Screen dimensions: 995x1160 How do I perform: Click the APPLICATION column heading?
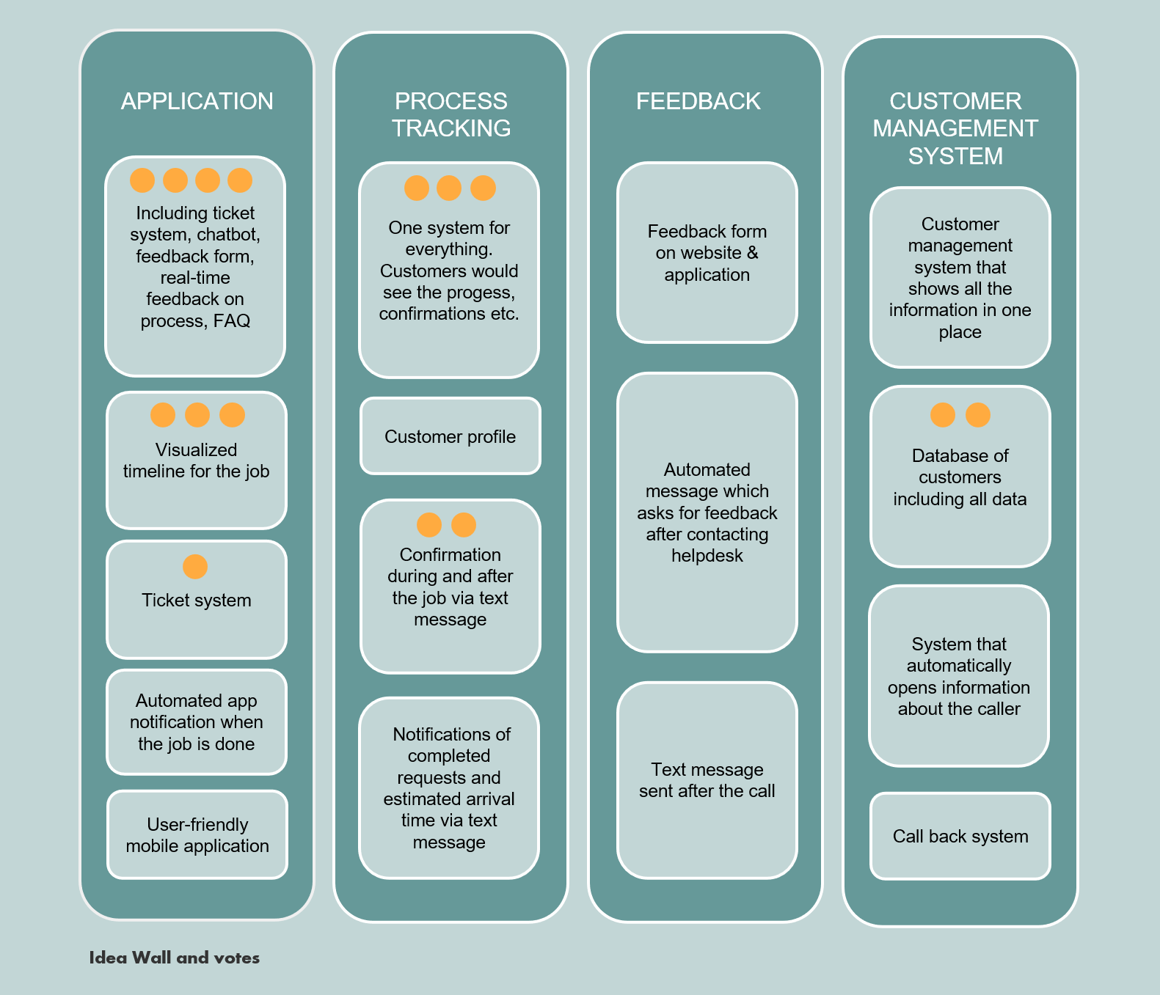(x=197, y=101)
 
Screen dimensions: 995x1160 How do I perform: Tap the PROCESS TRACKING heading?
(x=450, y=114)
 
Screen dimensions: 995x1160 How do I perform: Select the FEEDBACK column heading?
(x=698, y=101)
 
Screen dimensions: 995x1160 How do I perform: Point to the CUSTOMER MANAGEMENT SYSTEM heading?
(x=955, y=128)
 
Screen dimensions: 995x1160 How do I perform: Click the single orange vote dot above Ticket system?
(x=195, y=567)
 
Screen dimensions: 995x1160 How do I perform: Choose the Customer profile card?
(x=450, y=437)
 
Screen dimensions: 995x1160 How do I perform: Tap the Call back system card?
(x=960, y=837)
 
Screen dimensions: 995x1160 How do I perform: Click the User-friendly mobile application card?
(x=197, y=835)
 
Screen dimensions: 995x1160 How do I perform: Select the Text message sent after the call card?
(x=707, y=780)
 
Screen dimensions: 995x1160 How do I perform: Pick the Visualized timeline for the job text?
(x=196, y=460)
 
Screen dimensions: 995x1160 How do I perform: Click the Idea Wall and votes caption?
(x=174, y=958)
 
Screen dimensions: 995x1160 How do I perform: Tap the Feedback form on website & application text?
(x=707, y=253)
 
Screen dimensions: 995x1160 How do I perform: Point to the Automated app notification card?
(x=196, y=722)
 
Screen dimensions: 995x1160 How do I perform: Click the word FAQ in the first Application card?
(x=232, y=321)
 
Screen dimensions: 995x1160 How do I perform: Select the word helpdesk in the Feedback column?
(x=707, y=556)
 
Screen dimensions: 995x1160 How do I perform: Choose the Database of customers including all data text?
(x=960, y=477)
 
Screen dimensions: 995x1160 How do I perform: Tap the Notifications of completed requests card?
(x=449, y=788)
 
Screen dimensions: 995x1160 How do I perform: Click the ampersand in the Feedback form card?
(x=752, y=253)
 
